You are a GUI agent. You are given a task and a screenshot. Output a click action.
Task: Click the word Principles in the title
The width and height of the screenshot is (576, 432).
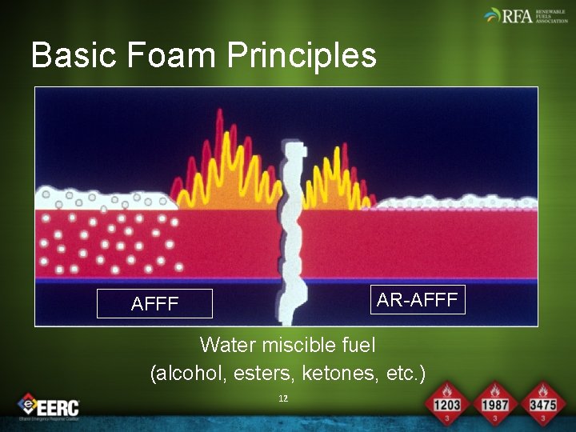302,55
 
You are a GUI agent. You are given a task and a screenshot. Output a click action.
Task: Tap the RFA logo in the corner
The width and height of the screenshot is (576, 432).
523,15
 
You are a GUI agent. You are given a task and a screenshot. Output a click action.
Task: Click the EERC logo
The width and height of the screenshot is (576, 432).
50,406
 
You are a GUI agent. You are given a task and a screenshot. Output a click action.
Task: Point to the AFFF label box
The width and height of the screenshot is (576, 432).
154,304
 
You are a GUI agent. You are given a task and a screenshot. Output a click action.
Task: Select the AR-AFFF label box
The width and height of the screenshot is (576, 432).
417,300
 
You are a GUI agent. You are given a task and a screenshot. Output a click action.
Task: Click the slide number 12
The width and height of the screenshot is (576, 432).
282,398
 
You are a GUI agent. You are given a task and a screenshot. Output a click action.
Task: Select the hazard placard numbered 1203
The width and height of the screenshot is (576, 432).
446,401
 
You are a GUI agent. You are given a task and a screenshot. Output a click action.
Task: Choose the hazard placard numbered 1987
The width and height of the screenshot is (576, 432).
495,401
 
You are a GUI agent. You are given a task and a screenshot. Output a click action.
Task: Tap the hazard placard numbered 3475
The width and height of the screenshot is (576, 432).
542,401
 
